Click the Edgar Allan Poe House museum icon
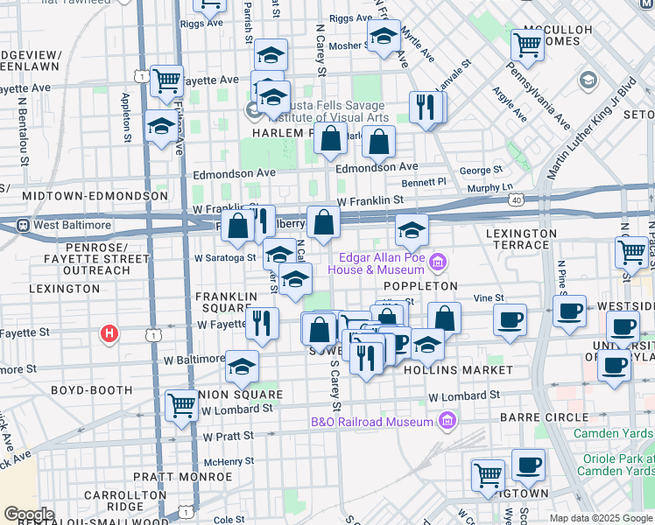(x=438, y=262)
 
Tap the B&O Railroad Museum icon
(x=447, y=422)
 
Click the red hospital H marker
(x=109, y=333)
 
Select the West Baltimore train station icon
(x=25, y=225)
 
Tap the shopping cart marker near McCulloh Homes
(x=527, y=44)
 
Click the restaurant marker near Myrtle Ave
(x=425, y=108)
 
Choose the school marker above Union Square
(x=243, y=367)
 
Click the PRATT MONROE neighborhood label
(x=194, y=477)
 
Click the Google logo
(x=28, y=514)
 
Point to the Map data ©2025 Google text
(x=601, y=518)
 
